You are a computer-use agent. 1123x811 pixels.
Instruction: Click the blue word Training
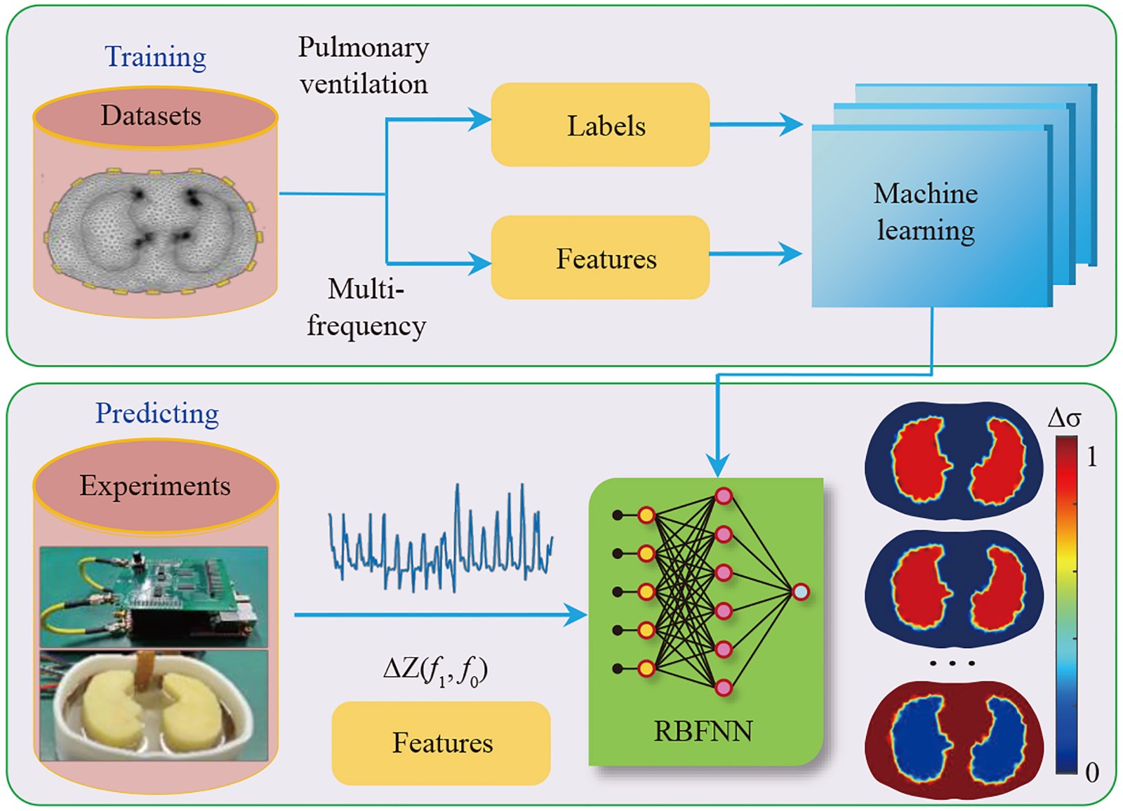(155, 57)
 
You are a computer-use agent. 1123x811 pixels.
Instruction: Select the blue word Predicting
(157, 414)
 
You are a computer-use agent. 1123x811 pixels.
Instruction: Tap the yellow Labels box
(600, 125)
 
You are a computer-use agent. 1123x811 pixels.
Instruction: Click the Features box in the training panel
(600, 258)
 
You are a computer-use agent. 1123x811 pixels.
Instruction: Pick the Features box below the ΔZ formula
(441, 743)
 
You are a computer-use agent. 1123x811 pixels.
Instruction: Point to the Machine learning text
(925, 212)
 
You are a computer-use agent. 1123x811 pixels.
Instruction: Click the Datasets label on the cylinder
(151, 115)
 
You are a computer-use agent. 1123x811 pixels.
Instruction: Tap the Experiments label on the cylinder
(154, 485)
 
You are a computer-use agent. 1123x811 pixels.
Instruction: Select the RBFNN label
(703, 732)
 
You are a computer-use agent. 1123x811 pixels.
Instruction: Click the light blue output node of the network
(800, 592)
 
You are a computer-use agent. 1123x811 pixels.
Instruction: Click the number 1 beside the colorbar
(1091, 458)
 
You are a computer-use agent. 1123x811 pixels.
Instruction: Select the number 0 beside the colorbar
(1091, 772)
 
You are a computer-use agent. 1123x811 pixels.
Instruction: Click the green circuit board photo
(154, 597)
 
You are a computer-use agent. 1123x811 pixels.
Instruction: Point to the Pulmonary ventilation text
(363, 65)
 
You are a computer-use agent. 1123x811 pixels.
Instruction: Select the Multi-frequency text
(366, 308)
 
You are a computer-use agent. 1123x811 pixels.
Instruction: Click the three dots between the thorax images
(952, 663)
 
